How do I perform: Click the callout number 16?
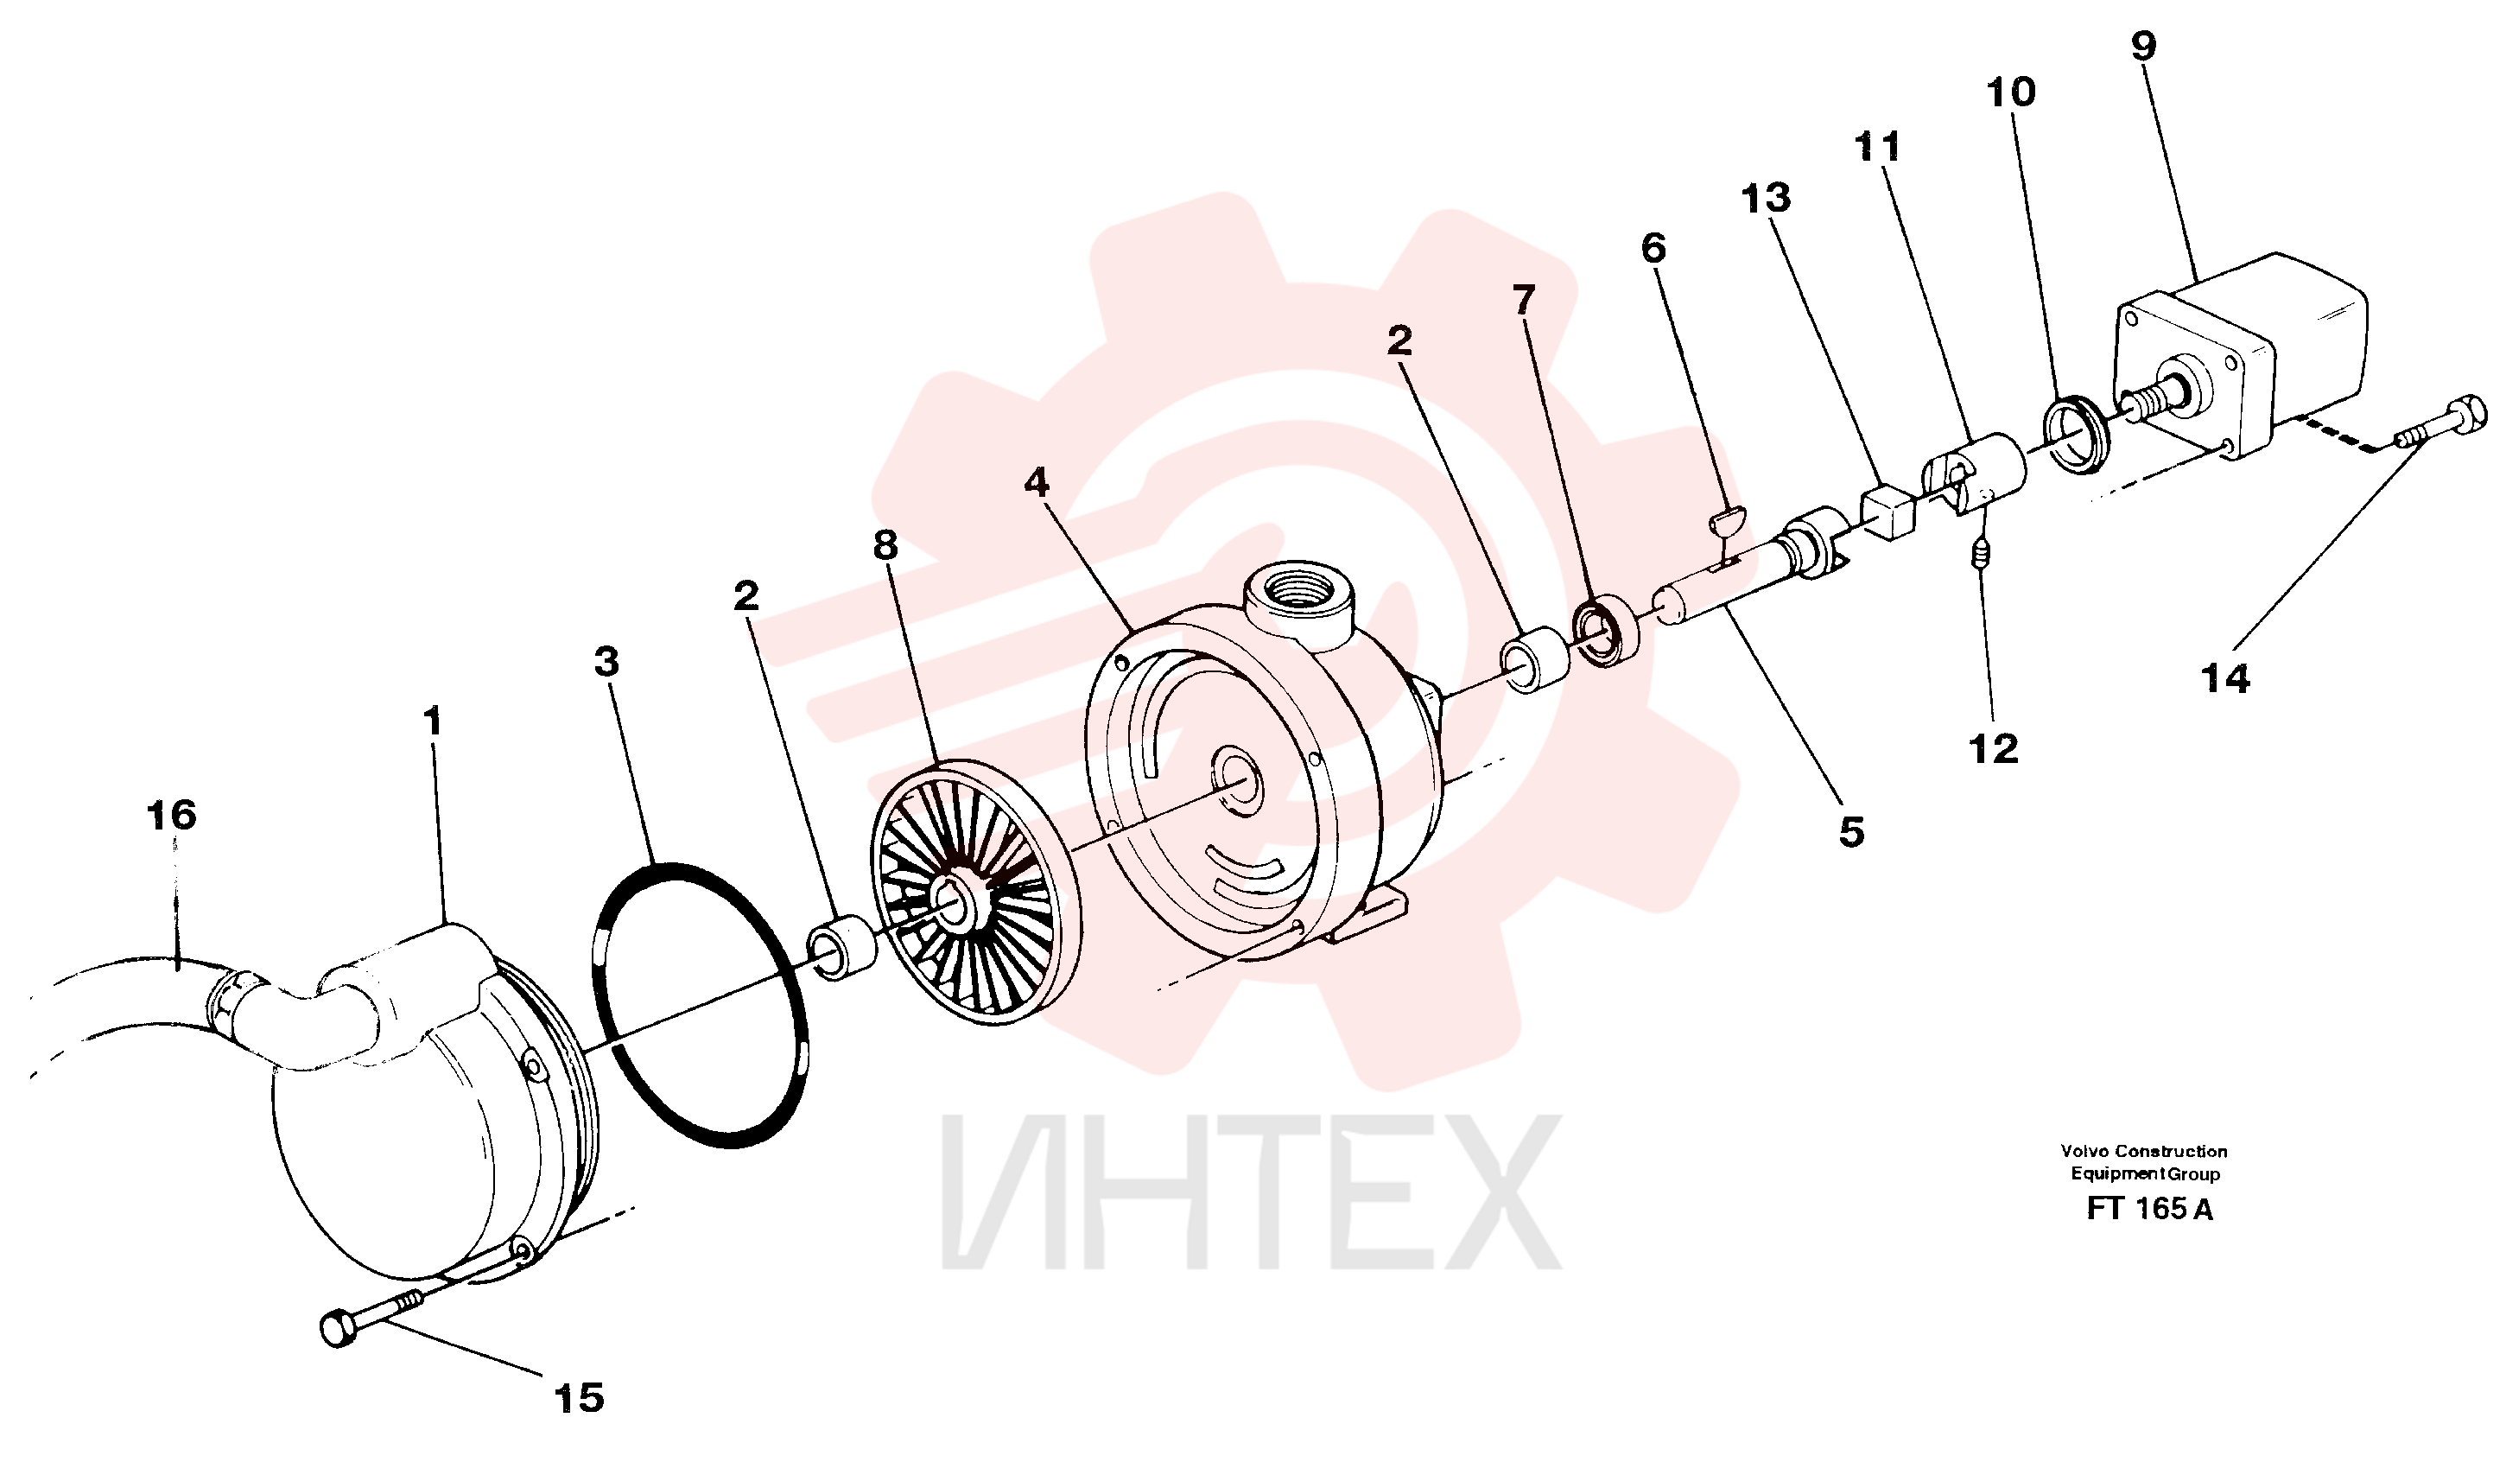171,816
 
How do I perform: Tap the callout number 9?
2144,46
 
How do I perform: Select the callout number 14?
2225,679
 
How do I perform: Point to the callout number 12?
1994,749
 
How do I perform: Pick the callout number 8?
885,545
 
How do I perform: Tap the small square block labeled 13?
1887,513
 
